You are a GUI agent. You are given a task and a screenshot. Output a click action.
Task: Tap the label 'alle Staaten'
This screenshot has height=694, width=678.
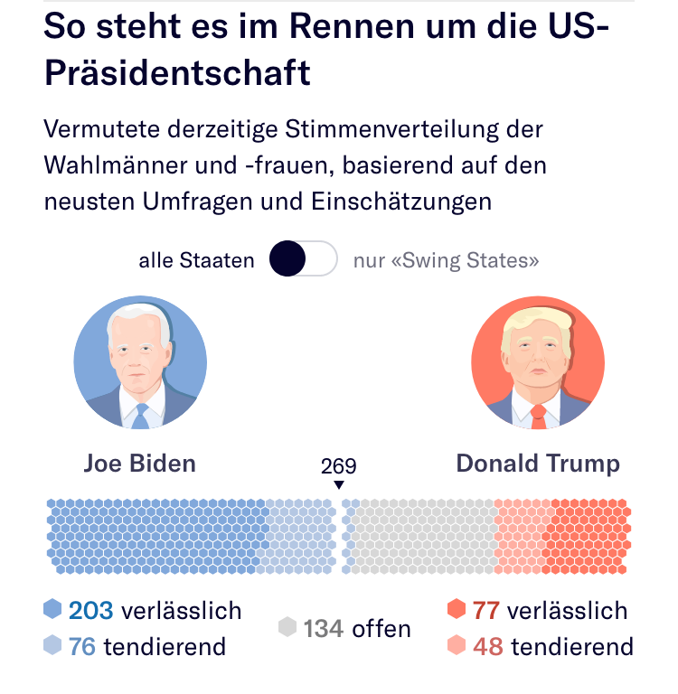click(196, 261)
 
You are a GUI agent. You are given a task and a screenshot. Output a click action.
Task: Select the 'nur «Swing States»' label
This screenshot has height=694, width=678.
click(446, 261)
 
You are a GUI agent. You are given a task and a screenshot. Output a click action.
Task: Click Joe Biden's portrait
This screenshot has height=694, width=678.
click(140, 362)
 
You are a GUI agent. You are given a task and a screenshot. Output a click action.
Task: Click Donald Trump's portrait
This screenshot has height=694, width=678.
click(538, 362)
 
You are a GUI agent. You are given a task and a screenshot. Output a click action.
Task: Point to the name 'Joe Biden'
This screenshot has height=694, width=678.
click(140, 464)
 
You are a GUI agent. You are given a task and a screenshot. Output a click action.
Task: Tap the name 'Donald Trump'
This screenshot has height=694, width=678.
click(538, 464)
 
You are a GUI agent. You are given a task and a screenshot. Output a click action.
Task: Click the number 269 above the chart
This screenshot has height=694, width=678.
click(339, 466)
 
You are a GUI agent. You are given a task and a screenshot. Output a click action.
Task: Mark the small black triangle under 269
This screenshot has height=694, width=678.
click(339, 485)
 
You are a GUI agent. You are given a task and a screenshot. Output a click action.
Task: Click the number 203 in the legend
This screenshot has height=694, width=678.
click(90, 611)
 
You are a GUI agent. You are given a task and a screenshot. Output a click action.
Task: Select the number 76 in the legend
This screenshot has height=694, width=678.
click(82, 647)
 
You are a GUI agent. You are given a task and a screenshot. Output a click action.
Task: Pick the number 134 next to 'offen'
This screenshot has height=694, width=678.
click(324, 628)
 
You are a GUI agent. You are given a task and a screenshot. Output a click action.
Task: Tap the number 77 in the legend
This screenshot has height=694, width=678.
click(486, 611)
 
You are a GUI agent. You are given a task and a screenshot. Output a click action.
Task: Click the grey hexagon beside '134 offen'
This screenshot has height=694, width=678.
click(287, 628)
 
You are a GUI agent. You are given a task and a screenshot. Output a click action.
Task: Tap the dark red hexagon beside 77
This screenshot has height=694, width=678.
click(457, 610)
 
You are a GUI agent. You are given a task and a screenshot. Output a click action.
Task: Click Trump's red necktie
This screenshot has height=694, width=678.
click(539, 417)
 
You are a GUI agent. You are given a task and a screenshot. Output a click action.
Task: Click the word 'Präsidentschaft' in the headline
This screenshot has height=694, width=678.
click(177, 72)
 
